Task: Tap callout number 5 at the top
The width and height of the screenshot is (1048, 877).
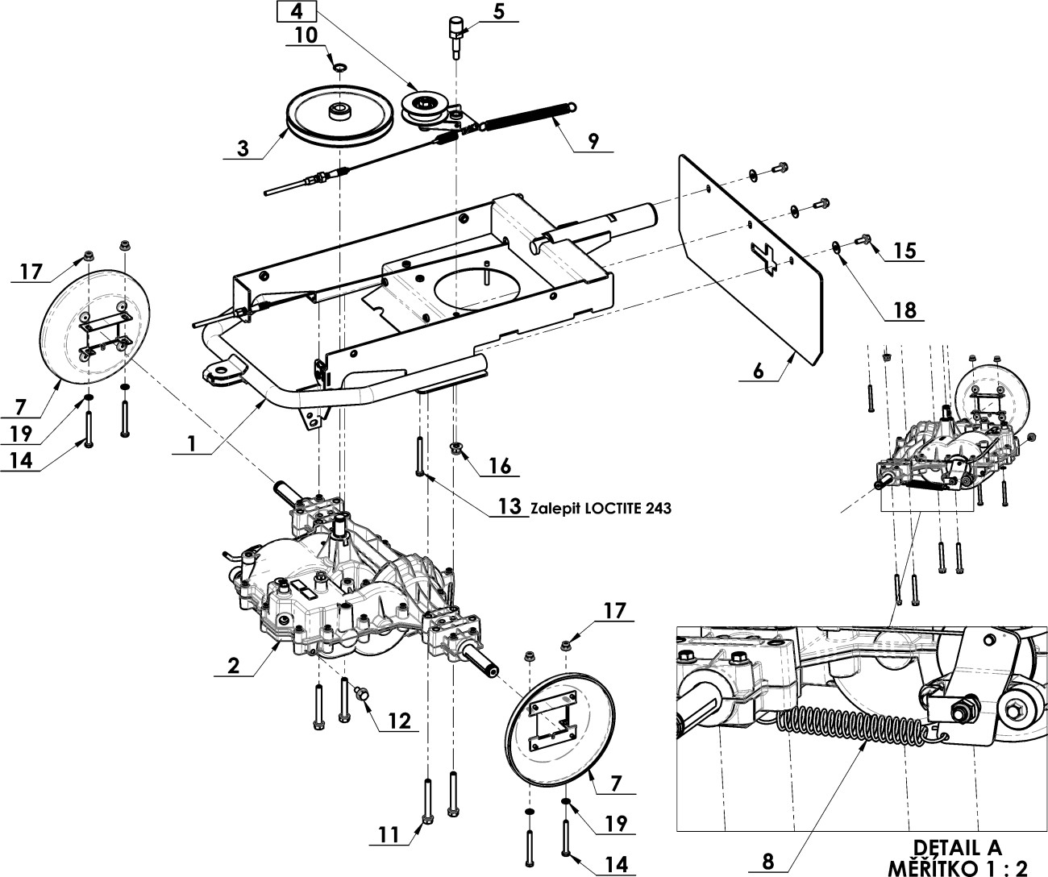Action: coord(498,11)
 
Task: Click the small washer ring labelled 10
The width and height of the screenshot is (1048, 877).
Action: coord(341,67)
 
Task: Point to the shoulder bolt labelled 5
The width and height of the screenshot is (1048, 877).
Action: coord(455,36)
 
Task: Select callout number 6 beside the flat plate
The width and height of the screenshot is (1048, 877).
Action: coord(758,372)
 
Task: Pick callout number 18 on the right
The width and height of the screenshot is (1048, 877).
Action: coord(905,310)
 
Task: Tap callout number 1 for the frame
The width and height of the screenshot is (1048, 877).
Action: coord(191,444)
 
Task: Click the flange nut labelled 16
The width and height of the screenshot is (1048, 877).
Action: coord(455,447)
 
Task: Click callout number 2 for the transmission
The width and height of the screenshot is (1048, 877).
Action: coord(234,666)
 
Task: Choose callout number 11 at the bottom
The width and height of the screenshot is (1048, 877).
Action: coord(389,835)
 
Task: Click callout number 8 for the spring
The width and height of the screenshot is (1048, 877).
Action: coord(768,862)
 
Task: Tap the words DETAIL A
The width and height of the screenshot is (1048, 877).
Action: coord(957,847)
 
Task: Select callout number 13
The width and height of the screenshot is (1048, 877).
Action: coord(510,506)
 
